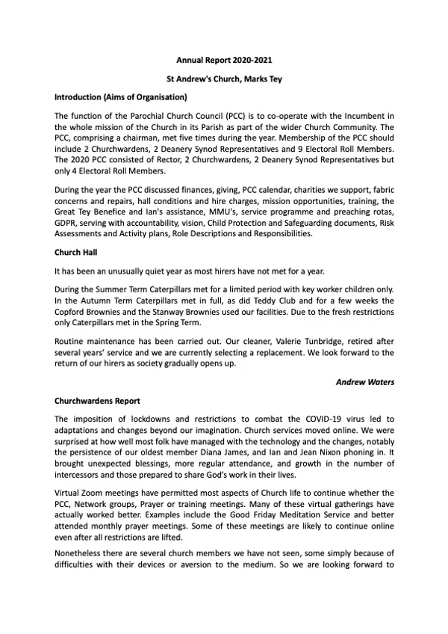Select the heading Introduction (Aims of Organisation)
point(119,97)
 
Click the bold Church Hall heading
point(78,252)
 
